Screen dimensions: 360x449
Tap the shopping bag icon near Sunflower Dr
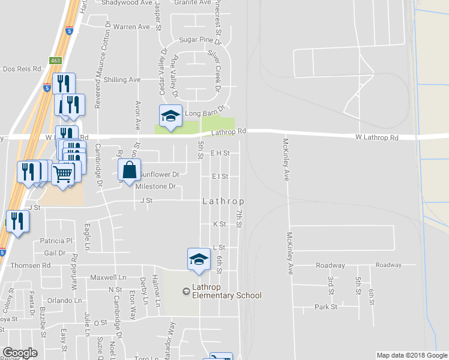pos(130,170)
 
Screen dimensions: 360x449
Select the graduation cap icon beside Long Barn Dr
pos(170,116)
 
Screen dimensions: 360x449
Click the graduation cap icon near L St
pos(199,259)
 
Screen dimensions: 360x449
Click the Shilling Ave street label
pos(122,80)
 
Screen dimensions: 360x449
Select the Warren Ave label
pos(131,27)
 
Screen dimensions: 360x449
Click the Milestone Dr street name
pos(155,187)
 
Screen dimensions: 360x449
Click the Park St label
pos(326,307)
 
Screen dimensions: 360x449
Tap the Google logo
pos(20,353)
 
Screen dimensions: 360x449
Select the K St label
pos(219,224)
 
